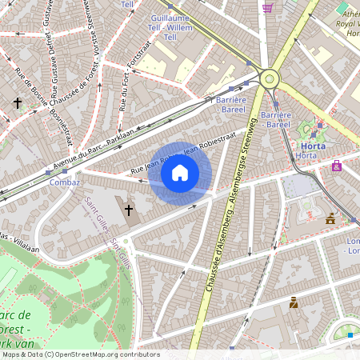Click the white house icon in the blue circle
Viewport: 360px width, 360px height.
(180, 173)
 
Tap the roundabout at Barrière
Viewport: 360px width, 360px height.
(270, 78)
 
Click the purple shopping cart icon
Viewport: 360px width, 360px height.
(268, 7)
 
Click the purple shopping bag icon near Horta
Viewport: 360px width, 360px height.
(337, 166)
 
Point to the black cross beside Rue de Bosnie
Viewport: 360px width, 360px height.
(17, 103)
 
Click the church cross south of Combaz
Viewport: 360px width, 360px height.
(128, 210)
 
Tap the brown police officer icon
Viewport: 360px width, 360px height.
(294, 302)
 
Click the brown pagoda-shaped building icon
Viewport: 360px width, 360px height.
(330, 218)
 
